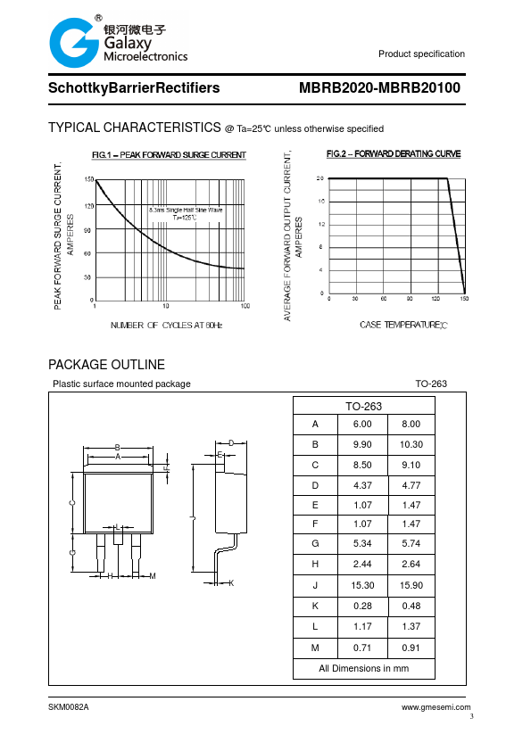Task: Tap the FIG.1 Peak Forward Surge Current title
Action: pos(169,155)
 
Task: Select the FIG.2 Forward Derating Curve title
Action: pos(394,154)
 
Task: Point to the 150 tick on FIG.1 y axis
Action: pos(88,180)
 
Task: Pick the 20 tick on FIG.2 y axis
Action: pos(320,178)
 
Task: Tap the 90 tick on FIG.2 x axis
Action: pos(410,298)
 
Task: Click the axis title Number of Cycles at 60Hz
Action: pos(166,325)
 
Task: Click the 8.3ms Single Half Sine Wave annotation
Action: pos(186,210)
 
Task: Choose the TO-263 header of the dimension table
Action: pos(363,407)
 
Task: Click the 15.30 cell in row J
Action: pos(362,585)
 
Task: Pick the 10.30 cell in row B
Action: pos(411,444)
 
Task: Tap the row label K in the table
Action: pos(315,607)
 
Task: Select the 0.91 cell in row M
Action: pos(411,648)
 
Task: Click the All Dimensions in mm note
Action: pos(363,668)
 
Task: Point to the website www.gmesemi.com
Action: pos(436,706)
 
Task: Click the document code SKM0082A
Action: pos(69,706)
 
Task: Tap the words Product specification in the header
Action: pos(421,54)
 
